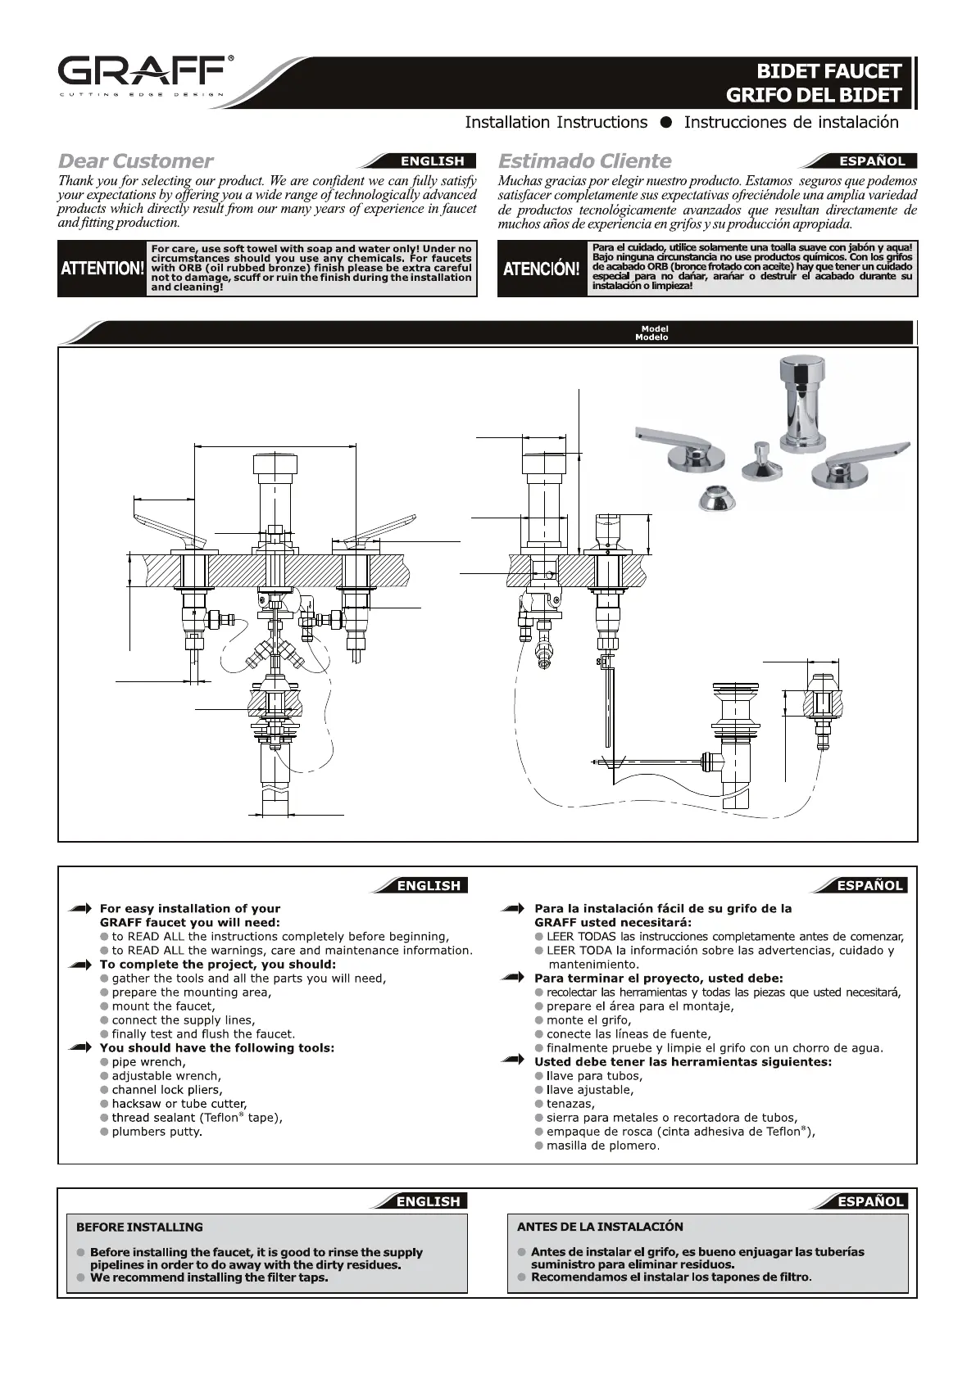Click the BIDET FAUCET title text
(828, 71)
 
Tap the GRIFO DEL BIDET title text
(813, 95)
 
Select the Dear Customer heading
(135, 161)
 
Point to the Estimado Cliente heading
(584, 161)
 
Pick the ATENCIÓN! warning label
(541, 269)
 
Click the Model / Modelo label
(654, 333)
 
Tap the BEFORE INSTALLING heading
(139, 1227)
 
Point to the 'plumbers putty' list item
(157, 1132)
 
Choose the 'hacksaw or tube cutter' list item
(179, 1104)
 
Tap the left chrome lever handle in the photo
(677, 449)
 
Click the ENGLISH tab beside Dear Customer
(432, 161)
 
